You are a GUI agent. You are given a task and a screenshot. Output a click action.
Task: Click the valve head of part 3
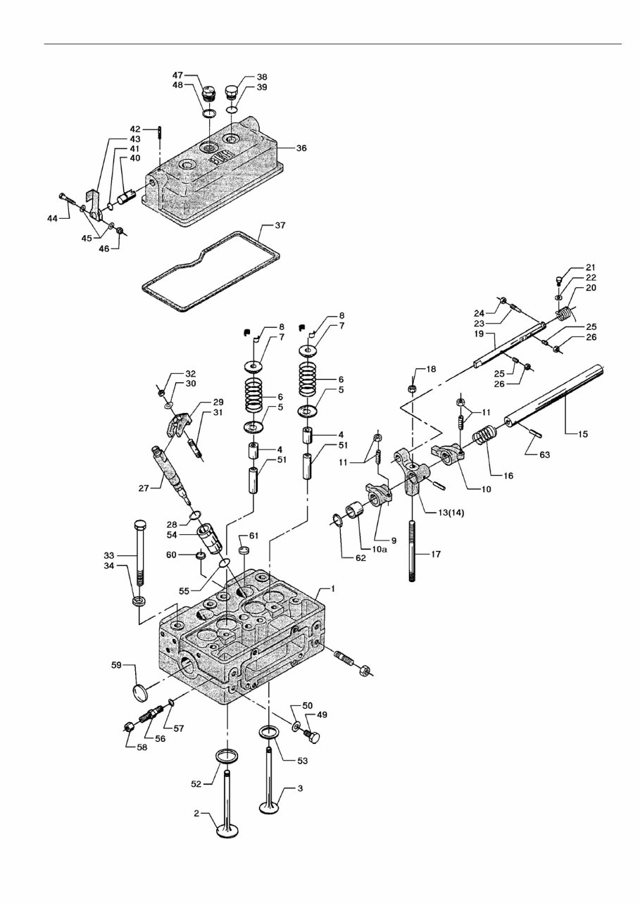[272, 806]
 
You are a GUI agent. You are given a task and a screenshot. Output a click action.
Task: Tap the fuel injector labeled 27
[171, 469]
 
